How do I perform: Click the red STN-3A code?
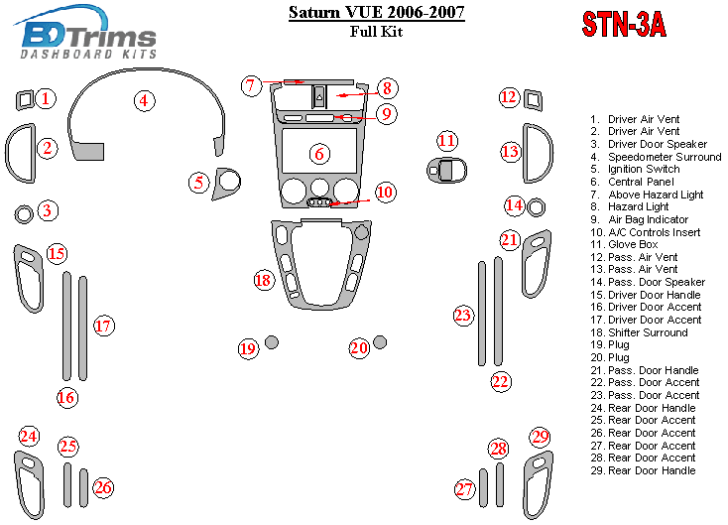tap(622, 25)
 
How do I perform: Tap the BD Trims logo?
tap(89, 37)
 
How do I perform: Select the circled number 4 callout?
tap(145, 100)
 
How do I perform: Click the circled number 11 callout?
tap(448, 141)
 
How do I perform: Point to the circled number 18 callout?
tap(263, 281)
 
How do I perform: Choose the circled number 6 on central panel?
tap(318, 154)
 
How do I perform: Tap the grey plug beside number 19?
tap(272, 342)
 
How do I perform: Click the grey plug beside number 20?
tap(380, 342)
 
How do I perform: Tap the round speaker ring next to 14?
tap(537, 207)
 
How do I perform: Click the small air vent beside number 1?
tap(25, 98)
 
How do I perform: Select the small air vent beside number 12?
tap(534, 97)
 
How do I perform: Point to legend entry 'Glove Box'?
tap(634, 244)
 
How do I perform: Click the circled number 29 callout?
tap(540, 437)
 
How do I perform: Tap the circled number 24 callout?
tap(29, 437)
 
